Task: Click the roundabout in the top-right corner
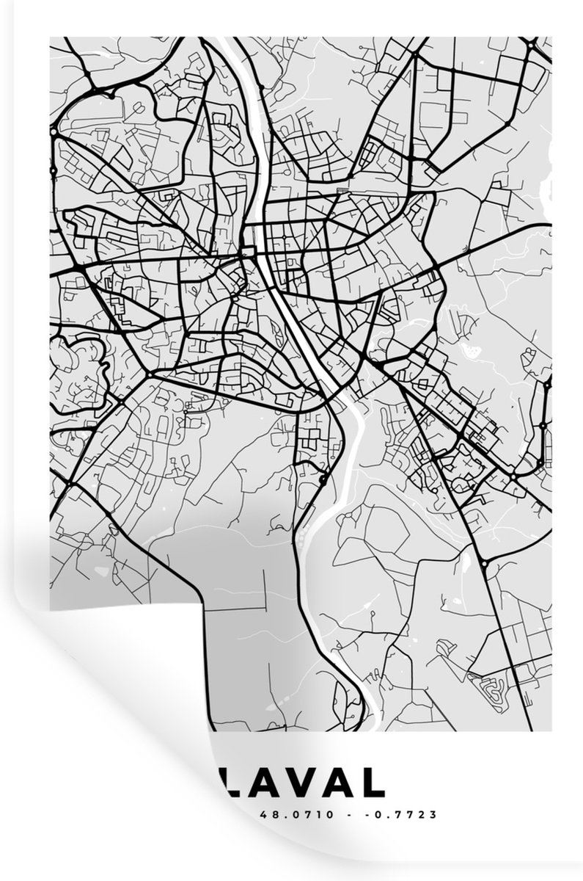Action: point(529,46)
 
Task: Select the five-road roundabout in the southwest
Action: point(149,375)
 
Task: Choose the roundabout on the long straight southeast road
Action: point(485,563)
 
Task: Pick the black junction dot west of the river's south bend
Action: point(323,481)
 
